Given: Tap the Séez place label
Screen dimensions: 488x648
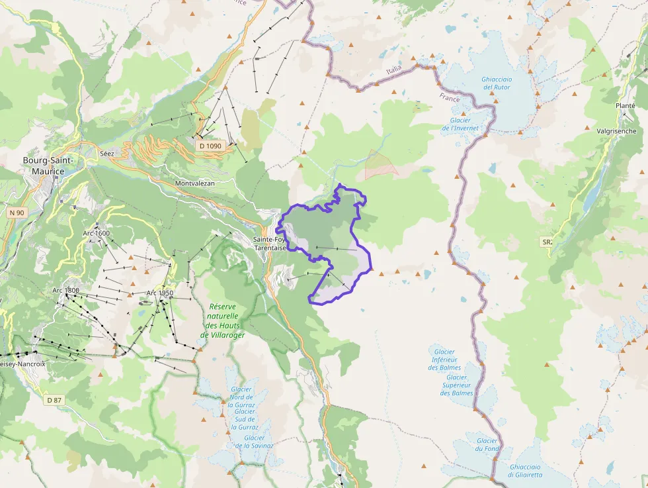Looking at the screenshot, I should click(x=106, y=154).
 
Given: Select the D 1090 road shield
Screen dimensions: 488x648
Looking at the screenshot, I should click(x=210, y=145).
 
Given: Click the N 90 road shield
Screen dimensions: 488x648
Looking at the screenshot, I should click(x=17, y=213).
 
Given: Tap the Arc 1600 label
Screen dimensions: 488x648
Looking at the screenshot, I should click(x=97, y=233).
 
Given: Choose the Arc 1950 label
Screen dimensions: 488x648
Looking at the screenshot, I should click(x=160, y=293).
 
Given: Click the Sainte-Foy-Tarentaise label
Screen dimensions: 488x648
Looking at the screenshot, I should click(x=270, y=244).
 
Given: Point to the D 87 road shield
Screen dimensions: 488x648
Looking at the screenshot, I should click(x=54, y=400).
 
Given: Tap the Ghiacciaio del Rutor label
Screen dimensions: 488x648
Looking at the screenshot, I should click(x=497, y=83).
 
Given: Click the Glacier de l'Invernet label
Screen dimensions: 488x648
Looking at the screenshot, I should click(x=460, y=124).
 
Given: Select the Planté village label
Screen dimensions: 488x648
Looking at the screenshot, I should click(x=625, y=105).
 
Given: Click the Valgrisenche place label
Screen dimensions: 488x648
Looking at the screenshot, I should click(x=616, y=131).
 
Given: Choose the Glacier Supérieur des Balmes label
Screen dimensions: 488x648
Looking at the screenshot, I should click(x=457, y=385).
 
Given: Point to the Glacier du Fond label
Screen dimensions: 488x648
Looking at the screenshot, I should click(x=487, y=445).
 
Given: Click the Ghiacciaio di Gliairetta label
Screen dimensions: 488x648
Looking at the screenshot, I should click(x=525, y=471).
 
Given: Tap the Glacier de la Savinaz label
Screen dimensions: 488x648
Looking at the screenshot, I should click(x=254, y=442).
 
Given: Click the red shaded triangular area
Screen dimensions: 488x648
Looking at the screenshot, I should click(x=379, y=166).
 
